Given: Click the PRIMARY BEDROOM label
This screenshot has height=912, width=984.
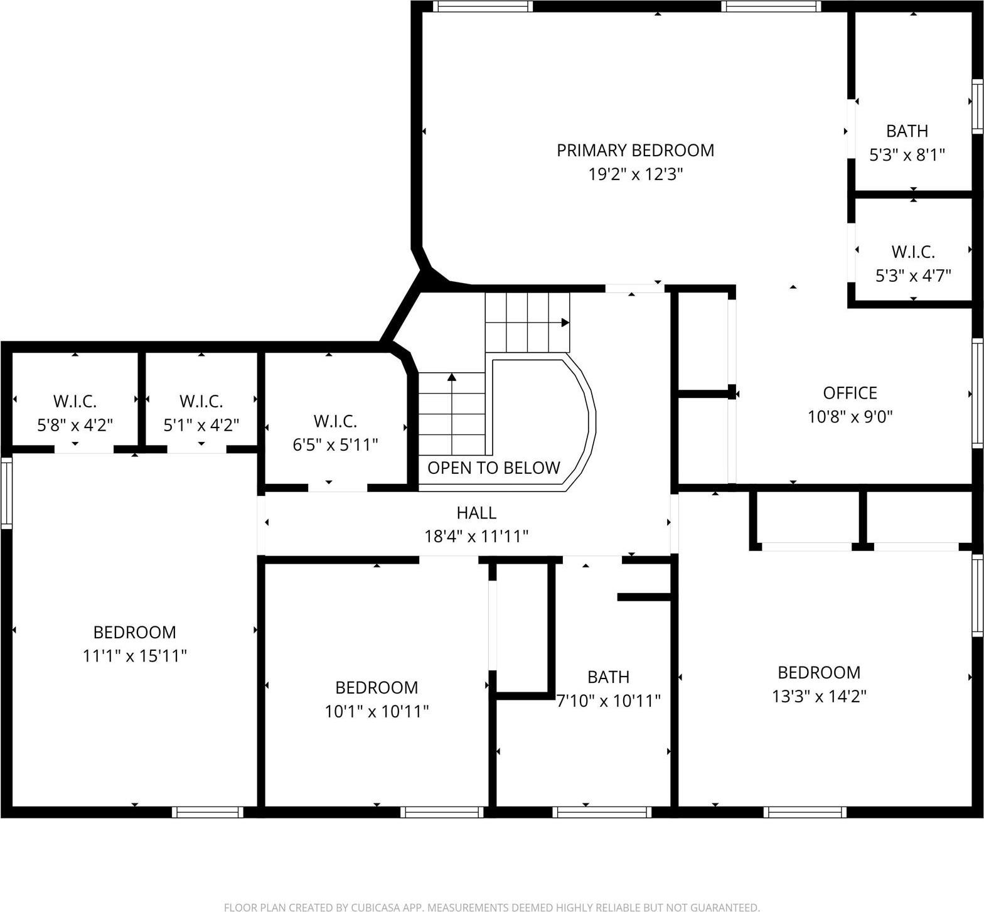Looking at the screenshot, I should (635, 151).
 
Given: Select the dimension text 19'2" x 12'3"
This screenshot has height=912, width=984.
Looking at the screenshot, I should (635, 174).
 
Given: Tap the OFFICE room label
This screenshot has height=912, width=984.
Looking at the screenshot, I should (850, 393).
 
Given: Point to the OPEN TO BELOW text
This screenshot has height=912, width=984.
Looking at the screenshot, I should (493, 468).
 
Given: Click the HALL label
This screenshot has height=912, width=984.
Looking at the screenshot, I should (476, 513).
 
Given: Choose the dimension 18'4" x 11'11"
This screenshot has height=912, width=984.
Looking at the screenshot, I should (476, 536).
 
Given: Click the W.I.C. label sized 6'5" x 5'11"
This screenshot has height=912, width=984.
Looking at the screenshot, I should (335, 421).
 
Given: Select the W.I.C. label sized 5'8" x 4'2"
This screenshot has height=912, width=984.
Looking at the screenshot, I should (75, 401).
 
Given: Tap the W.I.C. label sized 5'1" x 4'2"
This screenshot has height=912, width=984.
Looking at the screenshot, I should (201, 401).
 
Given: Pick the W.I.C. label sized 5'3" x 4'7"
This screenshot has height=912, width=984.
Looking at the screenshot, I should (913, 252).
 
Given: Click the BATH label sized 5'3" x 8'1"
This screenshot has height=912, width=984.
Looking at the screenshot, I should (907, 131).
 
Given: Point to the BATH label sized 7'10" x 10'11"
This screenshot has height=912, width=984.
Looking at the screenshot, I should (608, 677).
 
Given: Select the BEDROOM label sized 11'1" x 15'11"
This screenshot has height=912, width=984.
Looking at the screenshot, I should (134, 632).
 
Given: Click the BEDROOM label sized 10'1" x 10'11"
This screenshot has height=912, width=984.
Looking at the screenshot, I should (377, 688).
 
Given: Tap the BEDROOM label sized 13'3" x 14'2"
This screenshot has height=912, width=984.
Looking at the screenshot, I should (818, 673).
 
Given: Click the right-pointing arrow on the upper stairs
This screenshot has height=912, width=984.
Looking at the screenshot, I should (565, 323).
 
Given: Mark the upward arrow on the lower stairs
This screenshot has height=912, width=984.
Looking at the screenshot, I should (452, 377).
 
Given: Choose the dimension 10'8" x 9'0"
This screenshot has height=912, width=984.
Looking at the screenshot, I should (850, 416).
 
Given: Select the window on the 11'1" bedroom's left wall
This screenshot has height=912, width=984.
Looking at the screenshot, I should (6, 493).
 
